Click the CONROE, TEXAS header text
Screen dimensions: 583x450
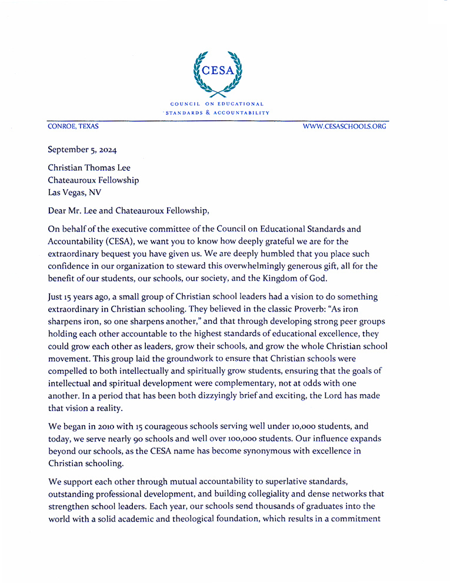pyautogui.click(x=73, y=126)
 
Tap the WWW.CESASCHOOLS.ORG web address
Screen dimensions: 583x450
pyautogui.click(x=344, y=126)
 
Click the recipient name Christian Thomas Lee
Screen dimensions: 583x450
pyautogui.click(x=89, y=168)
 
